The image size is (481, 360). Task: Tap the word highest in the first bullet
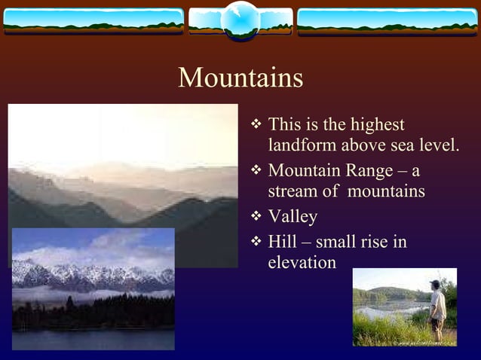tap(379, 124)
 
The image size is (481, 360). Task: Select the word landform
tap(304, 145)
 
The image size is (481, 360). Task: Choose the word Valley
tap(293, 217)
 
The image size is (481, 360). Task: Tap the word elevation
tap(302, 262)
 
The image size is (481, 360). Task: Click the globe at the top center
tap(240, 21)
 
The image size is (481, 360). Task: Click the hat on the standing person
tap(435, 284)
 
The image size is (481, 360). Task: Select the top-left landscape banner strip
tap(93, 22)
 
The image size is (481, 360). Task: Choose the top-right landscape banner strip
tap(388, 22)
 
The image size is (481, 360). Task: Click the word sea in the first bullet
tap(421, 145)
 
